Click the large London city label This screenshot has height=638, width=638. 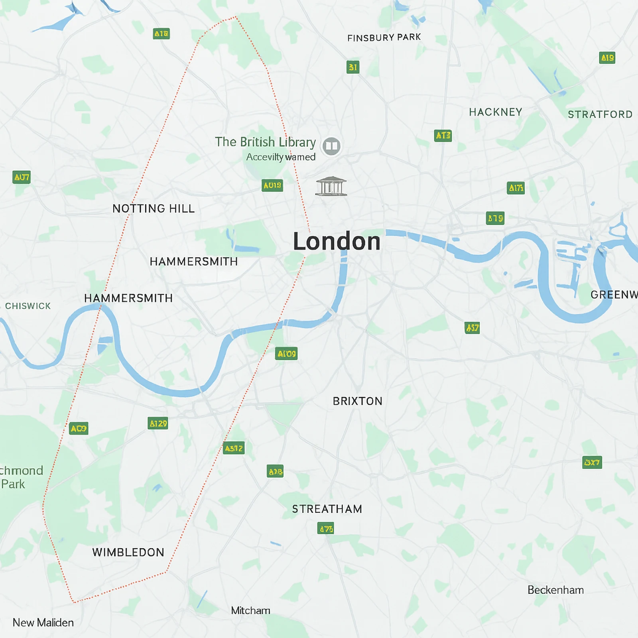[x=337, y=242]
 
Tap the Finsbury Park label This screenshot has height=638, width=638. [x=384, y=37]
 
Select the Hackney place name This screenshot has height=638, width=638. [x=496, y=112]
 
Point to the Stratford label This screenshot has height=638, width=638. [x=600, y=114]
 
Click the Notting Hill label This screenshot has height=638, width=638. [x=154, y=209]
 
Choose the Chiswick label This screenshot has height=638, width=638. [x=28, y=306]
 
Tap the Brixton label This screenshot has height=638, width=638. [x=358, y=401]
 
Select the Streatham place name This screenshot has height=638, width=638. [x=327, y=509]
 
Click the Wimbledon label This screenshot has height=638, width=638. [x=128, y=552]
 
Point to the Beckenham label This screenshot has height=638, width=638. [x=555, y=590]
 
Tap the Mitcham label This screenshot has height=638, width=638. [x=250, y=610]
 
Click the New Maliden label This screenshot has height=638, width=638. [x=43, y=622]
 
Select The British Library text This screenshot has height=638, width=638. [x=265, y=142]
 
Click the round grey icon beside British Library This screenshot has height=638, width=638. [x=331, y=146]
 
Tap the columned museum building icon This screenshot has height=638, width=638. [x=331, y=186]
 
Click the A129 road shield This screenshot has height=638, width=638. [x=158, y=423]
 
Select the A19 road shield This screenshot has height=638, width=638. [x=607, y=58]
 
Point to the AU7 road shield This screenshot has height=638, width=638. [x=22, y=177]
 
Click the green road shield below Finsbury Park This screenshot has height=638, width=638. [x=353, y=67]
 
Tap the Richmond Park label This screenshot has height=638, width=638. [x=18, y=477]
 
